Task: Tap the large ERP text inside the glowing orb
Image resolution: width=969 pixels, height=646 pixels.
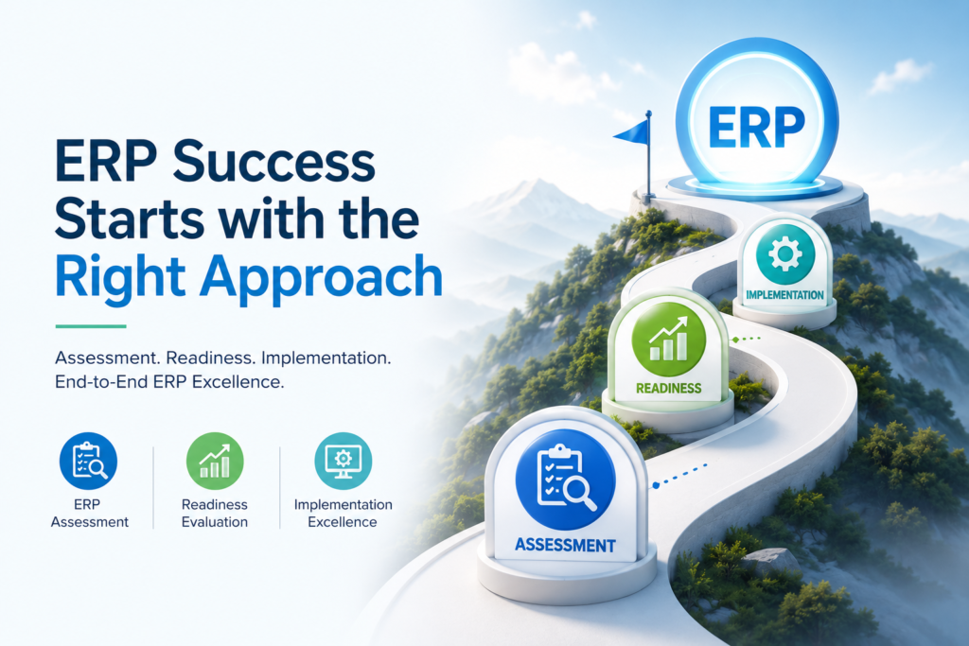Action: point(756,128)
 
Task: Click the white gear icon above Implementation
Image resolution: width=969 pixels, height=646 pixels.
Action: point(784,253)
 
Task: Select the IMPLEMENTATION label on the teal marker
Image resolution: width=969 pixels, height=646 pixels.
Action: point(784,295)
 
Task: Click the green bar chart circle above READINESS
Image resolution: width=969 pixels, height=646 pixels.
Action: point(669,339)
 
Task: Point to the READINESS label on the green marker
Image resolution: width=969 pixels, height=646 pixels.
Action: point(669,389)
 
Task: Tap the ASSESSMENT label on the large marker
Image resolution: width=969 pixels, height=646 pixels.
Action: point(565,546)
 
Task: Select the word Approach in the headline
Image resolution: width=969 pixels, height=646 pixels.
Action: point(321,278)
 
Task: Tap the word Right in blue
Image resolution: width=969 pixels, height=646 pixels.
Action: point(120,278)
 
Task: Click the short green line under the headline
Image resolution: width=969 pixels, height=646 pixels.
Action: point(91,326)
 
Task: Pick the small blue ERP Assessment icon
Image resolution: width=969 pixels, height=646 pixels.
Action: point(88,461)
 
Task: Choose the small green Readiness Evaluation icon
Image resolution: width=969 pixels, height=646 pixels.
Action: point(215,461)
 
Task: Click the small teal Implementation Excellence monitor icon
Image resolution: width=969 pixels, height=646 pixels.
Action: point(343,461)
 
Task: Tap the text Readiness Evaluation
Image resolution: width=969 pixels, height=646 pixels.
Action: point(215,514)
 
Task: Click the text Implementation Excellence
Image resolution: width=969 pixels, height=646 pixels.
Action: point(343,514)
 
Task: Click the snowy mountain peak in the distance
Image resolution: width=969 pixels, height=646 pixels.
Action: point(537,185)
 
